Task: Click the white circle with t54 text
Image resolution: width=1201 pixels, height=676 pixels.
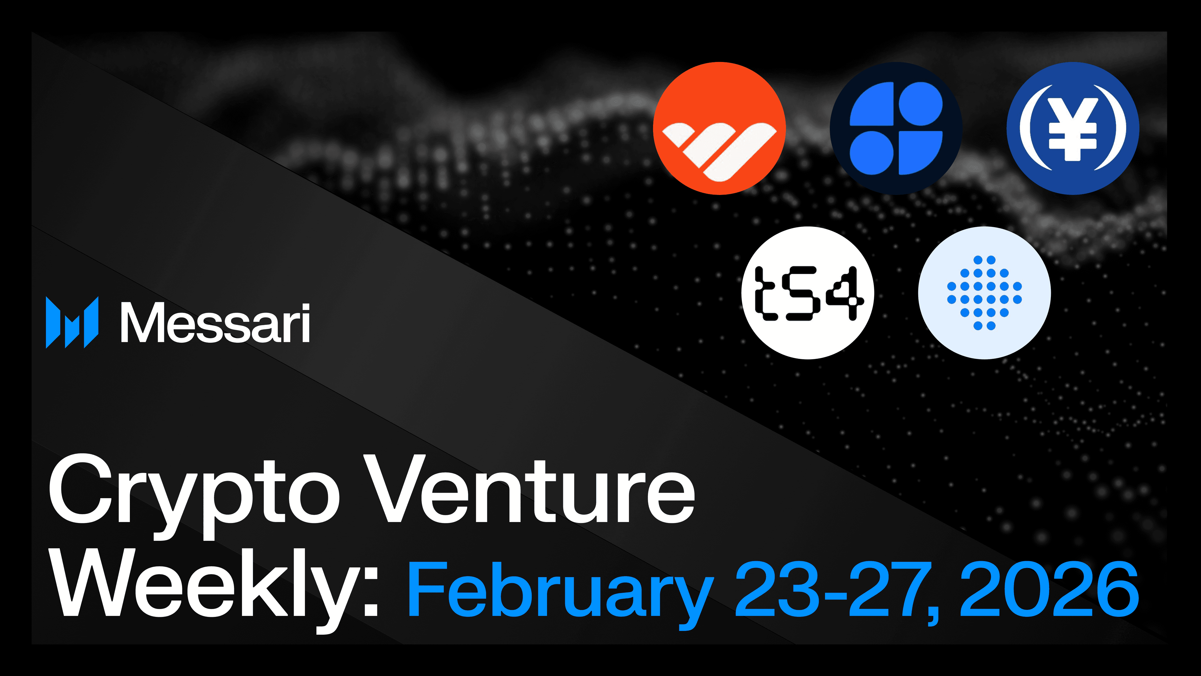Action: (x=808, y=293)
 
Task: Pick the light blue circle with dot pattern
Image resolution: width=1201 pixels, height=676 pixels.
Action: (x=984, y=293)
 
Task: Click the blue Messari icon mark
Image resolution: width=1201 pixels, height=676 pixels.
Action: (x=72, y=322)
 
